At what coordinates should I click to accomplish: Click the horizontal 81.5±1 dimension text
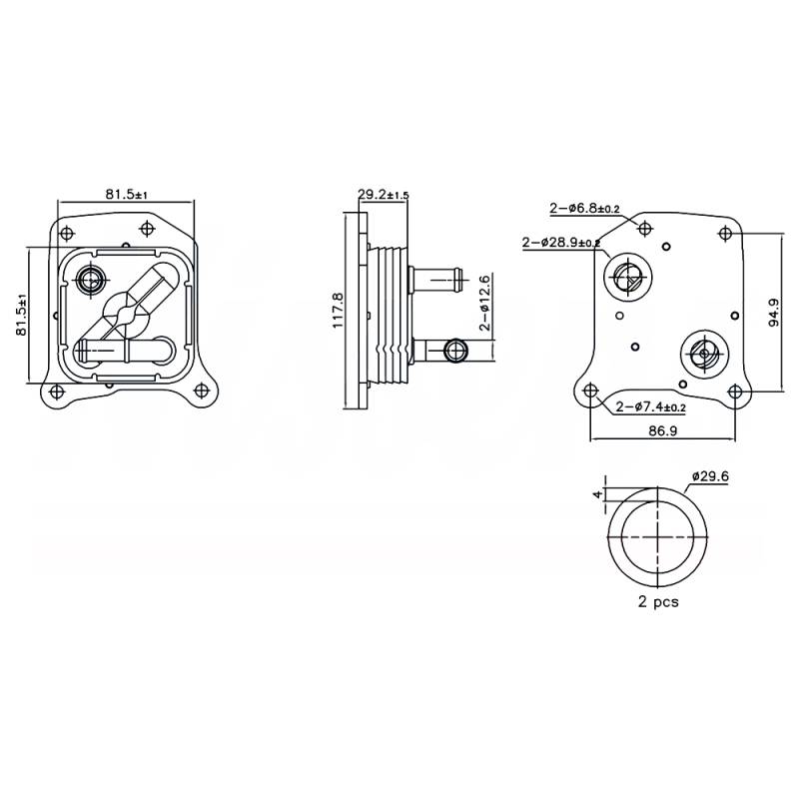tap(125, 195)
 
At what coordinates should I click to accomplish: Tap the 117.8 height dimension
tap(339, 310)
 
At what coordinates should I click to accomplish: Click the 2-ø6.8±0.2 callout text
tap(584, 209)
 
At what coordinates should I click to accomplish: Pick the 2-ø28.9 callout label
tap(560, 242)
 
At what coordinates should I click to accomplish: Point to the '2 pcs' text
tap(658, 602)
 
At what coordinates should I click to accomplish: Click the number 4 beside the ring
tap(598, 494)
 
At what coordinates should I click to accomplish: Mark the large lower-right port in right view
tap(704, 353)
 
